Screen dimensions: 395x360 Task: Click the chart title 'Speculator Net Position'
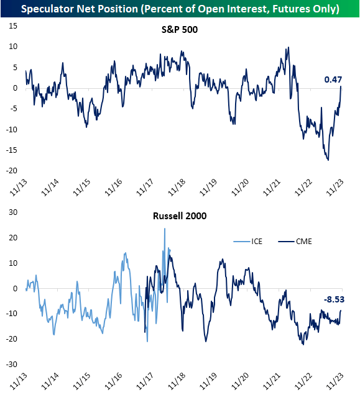click(x=180, y=9)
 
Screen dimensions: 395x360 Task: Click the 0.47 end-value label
click(x=334, y=79)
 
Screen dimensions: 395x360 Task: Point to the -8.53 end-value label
click(x=334, y=299)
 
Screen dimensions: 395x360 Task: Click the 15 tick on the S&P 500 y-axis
click(x=13, y=26)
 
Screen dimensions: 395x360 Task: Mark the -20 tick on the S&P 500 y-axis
click(x=11, y=171)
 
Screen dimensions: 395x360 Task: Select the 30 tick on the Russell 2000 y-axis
click(x=13, y=212)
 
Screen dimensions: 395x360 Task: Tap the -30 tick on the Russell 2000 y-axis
click(x=11, y=364)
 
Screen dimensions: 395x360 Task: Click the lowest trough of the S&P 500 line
click(x=328, y=160)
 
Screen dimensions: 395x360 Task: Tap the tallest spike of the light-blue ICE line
click(x=165, y=229)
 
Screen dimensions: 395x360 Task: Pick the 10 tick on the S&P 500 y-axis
click(x=13, y=47)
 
